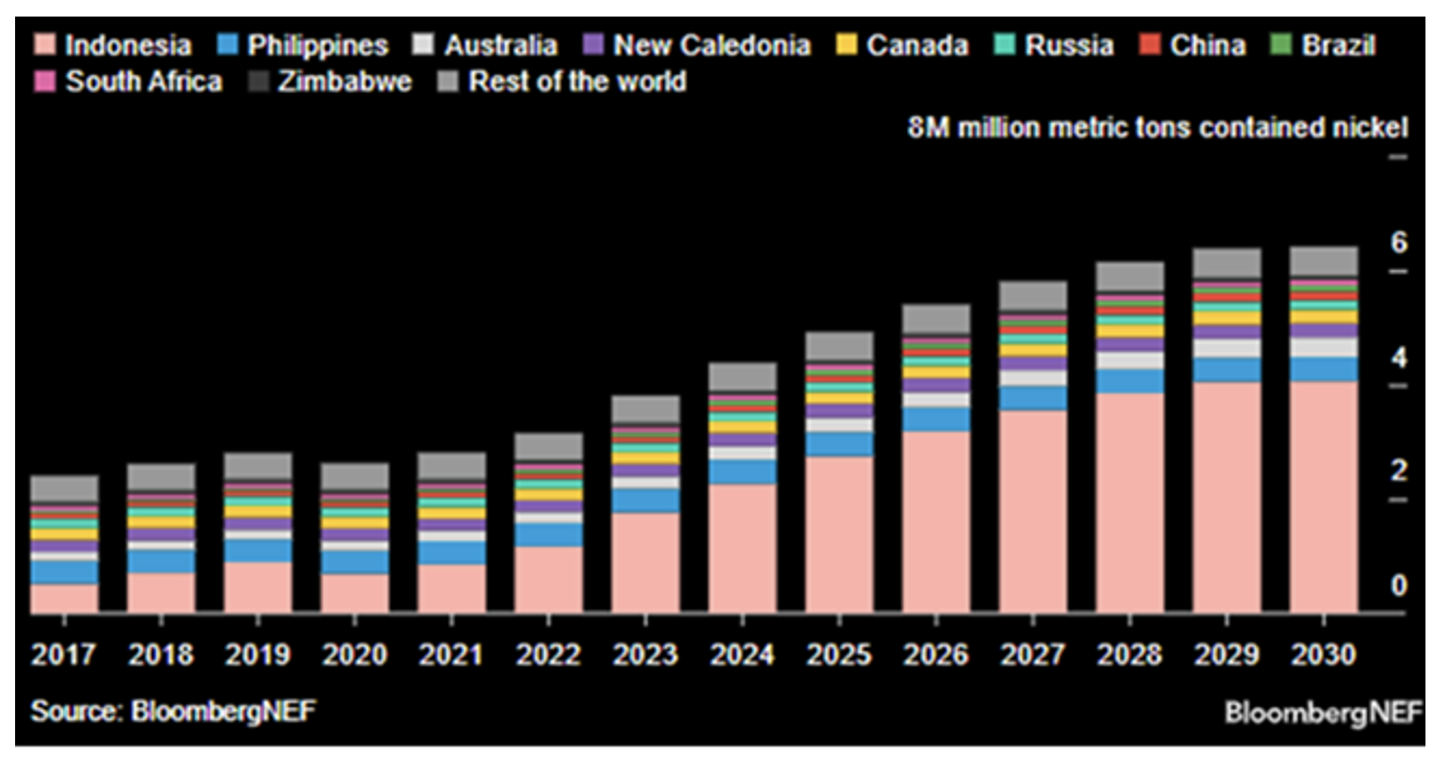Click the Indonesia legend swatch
point(44,44)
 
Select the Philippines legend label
point(317,45)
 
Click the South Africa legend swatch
point(44,81)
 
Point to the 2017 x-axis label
point(63,654)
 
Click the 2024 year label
point(742,654)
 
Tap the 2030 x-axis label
point(1324,654)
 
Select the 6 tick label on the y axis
point(1398,242)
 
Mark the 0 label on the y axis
point(1398,585)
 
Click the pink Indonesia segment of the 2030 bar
point(1324,497)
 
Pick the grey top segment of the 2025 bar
point(839,346)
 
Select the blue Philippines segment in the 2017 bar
point(64,572)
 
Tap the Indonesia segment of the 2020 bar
point(355,593)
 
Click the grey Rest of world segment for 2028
point(1129,276)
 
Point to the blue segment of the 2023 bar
point(646,501)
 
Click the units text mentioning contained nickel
point(1157,127)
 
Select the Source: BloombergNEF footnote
point(173,711)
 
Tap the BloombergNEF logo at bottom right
point(1323,712)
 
